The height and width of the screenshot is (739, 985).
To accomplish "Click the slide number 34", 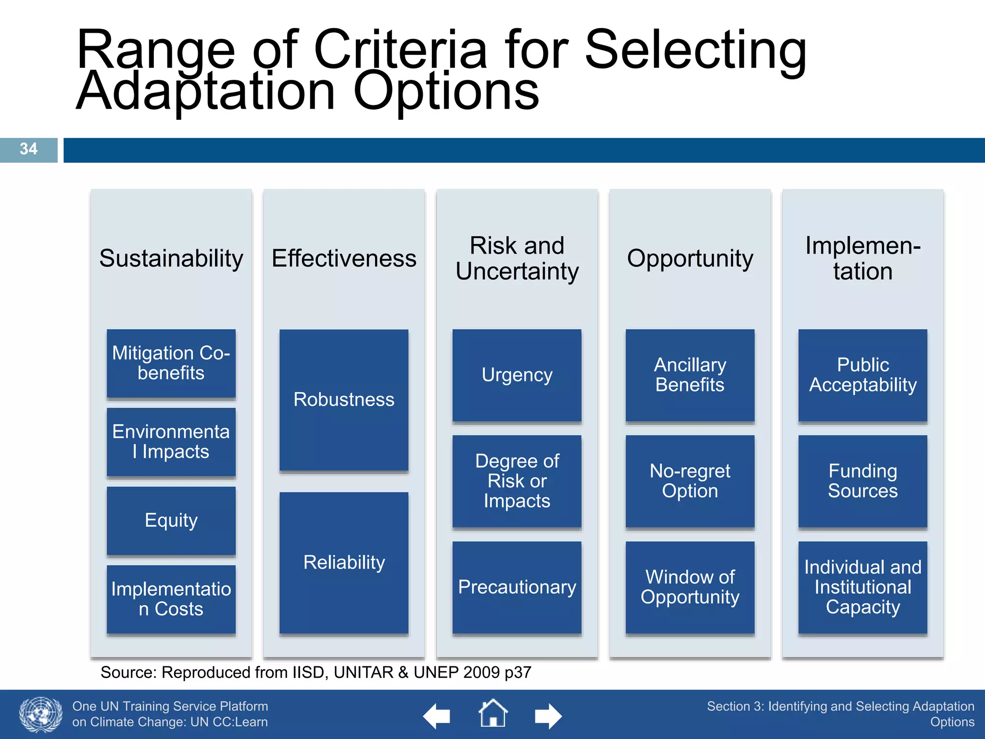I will tap(28, 149).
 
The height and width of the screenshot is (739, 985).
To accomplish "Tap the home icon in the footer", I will tap(493, 714).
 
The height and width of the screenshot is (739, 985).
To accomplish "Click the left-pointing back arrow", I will tap(437, 716).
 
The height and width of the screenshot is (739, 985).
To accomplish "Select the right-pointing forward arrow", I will tap(548, 716).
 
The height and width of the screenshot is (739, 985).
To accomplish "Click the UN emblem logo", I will tap(41, 714).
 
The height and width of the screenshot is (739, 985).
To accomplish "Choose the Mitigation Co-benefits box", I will tap(171, 363).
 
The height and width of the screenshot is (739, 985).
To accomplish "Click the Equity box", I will tap(171, 521).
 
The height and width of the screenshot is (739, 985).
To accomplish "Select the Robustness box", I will tap(344, 400).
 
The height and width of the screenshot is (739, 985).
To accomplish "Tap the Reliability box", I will tap(344, 562).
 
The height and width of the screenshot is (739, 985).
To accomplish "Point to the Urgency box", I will tap(517, 375).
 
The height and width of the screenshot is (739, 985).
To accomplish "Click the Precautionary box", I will tap(517, 587).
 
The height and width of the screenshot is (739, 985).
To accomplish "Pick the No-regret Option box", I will tap(690, 481).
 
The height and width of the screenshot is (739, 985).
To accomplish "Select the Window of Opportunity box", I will tap(690, 587).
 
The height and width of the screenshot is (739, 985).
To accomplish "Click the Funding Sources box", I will tap(862, 481).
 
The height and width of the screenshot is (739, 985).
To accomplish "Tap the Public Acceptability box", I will tap(862, 375).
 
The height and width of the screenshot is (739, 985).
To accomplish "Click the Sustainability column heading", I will tap(171, 259).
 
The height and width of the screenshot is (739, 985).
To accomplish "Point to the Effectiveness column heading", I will tap(344, 259).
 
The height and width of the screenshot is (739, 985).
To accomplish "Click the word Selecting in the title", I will tap(695, 50).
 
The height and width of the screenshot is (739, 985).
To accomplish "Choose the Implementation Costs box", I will tap(171, 599).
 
